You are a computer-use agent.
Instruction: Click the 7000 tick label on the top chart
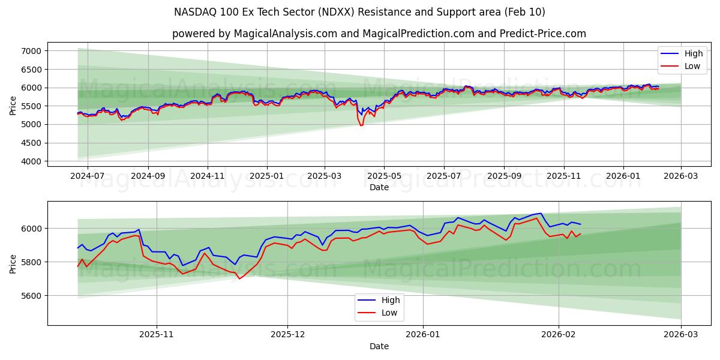point(31,51)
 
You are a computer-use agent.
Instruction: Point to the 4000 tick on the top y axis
point(31,161)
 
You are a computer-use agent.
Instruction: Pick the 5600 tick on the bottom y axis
point(31,296)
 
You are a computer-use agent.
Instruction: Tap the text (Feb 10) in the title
point(524,12)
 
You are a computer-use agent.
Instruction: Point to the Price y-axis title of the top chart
point(13,106)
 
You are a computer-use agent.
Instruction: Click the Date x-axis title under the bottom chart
point(379,346)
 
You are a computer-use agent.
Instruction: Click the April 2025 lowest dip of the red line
point(361,125)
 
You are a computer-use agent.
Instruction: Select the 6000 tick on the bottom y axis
point(31,229)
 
